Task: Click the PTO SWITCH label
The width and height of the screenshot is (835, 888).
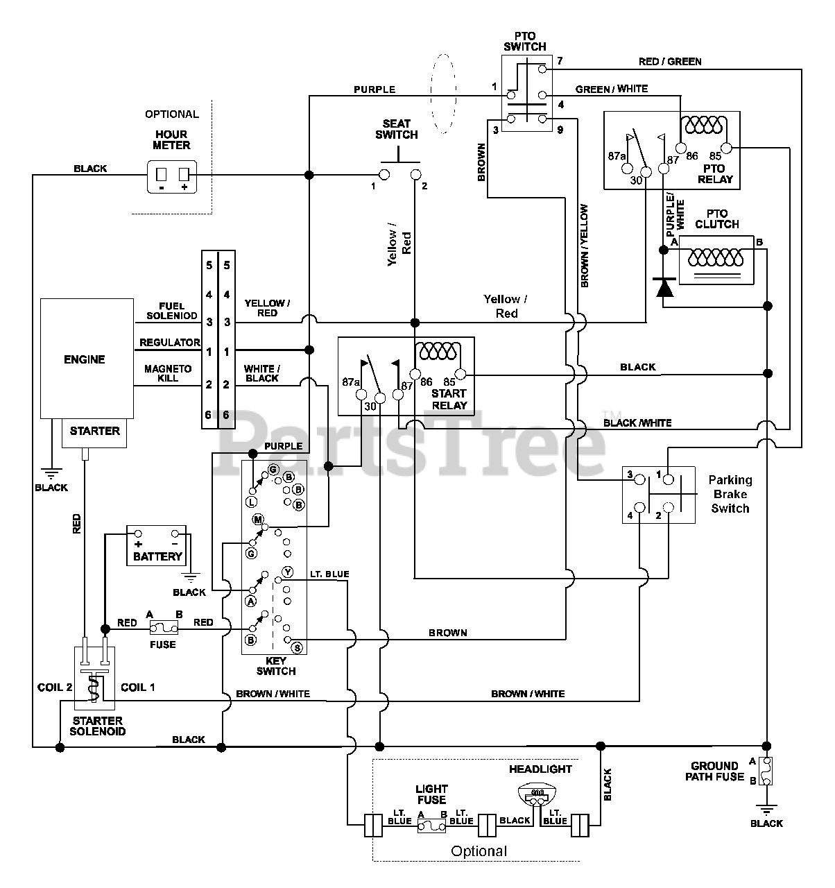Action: pos(525,41)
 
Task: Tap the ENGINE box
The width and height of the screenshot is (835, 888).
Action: pos(87,359)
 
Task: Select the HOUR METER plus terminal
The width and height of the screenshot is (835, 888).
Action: pos(184,174)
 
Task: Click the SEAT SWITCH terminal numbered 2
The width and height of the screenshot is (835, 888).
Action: pos(415,174)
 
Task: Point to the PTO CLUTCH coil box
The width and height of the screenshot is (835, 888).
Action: pos(716,260)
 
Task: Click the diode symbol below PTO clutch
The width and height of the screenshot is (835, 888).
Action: pos(664,287)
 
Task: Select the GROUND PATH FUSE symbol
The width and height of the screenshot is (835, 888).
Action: pos(766,771)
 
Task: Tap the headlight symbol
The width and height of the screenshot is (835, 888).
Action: pos(537,793)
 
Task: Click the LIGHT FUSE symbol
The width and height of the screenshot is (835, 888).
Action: pos(431,826)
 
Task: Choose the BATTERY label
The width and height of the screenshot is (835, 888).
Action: pos(158,556)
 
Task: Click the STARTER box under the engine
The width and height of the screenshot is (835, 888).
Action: pos(94,433)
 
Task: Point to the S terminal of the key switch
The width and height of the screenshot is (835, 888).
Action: pos(298,647)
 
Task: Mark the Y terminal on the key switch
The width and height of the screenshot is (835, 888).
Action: pos(287,572)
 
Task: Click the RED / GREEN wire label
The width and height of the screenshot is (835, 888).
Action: pos(670,62)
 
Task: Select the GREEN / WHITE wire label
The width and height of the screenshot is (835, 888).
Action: pos(612,89)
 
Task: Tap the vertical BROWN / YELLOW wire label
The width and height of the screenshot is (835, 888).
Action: pos(585,246)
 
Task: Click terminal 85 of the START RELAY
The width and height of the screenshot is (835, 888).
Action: pos(460,374)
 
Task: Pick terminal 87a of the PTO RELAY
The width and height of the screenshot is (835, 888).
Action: pos(628,169)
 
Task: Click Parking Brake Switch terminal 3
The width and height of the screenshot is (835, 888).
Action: pos(639,480)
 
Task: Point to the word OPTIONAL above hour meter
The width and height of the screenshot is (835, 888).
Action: pos(172,114)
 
